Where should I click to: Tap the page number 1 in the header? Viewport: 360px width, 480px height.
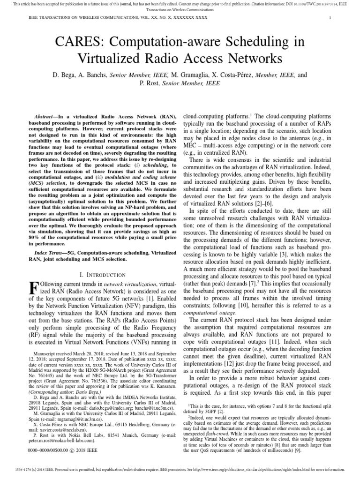click(330, 18)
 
